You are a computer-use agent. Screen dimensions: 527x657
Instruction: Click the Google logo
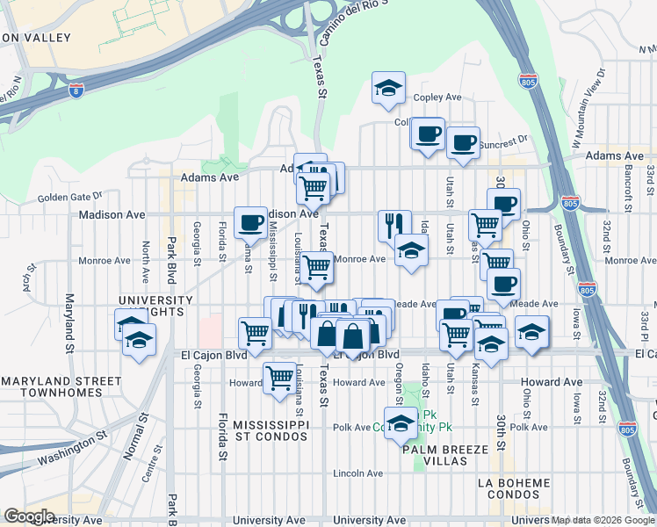29,516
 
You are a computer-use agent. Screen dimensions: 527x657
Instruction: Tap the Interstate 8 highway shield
77,90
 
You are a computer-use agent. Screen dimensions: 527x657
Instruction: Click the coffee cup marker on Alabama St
250,222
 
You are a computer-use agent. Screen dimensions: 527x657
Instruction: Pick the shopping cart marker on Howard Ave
279,378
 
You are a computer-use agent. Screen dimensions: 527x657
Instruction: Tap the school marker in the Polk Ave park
401,422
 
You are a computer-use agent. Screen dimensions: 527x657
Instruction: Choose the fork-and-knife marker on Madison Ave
394,224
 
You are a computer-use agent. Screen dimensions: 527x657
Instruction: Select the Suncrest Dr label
504,140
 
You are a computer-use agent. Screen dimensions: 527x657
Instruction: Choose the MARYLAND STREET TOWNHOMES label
52,386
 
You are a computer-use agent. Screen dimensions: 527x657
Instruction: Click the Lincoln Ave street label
357,473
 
